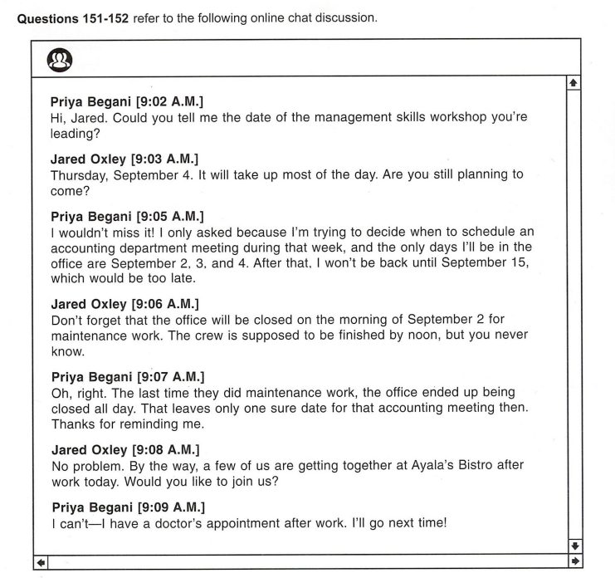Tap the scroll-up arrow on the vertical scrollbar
(x=573, y=83)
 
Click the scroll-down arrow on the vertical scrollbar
(x=573, y=546)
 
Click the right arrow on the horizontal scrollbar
(x=573, y=562)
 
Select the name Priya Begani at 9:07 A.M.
(x=90, y=376)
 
